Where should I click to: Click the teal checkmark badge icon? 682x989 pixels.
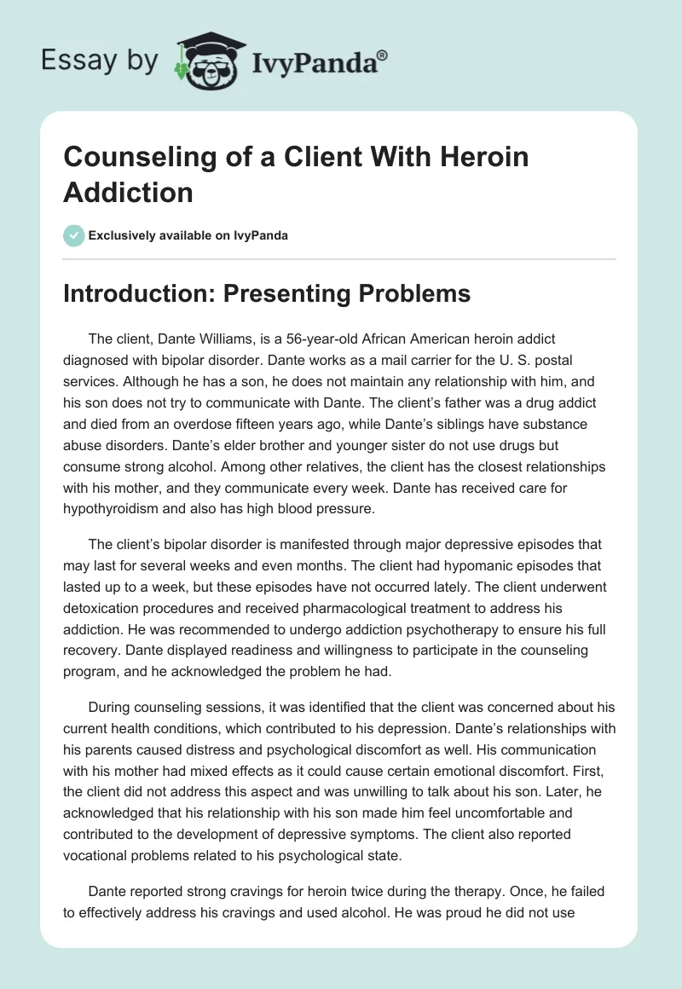[74, 235]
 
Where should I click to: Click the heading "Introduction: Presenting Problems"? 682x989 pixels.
[267, 293]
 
